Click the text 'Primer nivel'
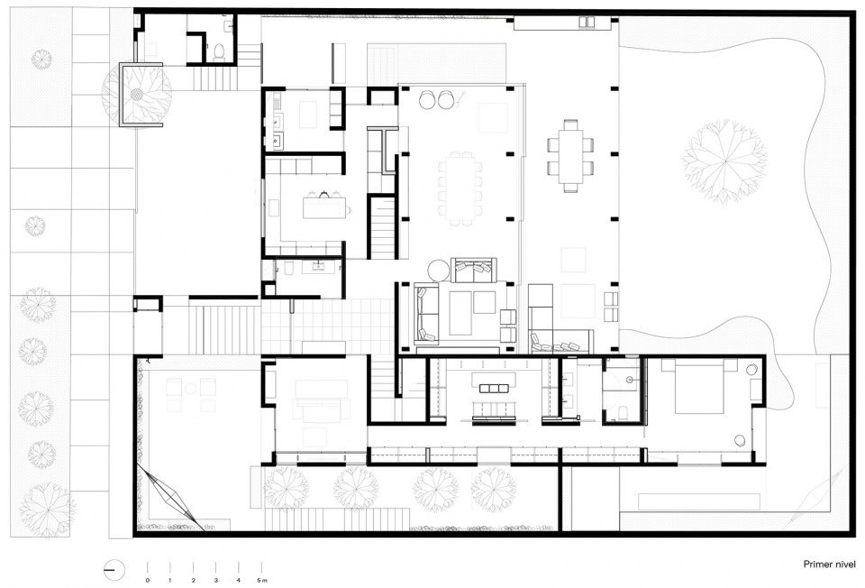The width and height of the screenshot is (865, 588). tap(829, 565)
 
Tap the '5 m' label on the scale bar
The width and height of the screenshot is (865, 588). tap(262, 580)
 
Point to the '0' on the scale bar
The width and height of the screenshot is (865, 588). tap(147, 580)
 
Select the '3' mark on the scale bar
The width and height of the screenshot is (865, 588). tap(215, 580)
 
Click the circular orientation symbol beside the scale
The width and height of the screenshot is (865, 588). tap(114, 569)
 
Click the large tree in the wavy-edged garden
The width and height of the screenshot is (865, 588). tap(724, 161)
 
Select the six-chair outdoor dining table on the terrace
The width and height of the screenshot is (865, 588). tap(570, 156)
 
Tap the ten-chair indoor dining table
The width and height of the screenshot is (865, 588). tap(460, 188)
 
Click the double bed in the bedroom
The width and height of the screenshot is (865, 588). tap(699, 387)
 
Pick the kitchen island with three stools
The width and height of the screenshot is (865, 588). tap(325, 205)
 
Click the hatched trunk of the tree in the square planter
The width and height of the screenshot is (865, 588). tap(135, 95)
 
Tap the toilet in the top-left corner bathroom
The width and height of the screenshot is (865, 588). tap(219, 51)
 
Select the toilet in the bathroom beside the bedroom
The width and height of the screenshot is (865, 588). tap(624, 412)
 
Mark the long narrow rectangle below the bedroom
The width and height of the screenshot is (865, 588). tap(699, 501)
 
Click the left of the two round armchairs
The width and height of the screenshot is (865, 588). tap(427, 99)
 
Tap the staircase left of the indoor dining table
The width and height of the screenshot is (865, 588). tap(382, 227)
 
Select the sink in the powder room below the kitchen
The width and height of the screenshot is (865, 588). tap(319, 267)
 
